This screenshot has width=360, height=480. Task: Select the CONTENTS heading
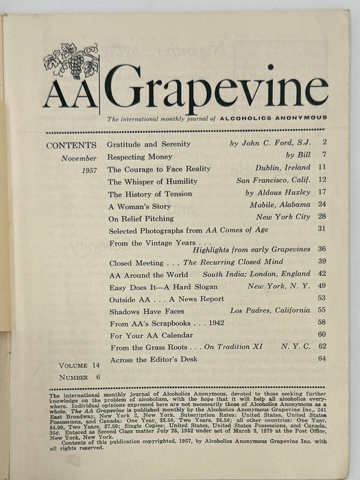click(71, 145)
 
